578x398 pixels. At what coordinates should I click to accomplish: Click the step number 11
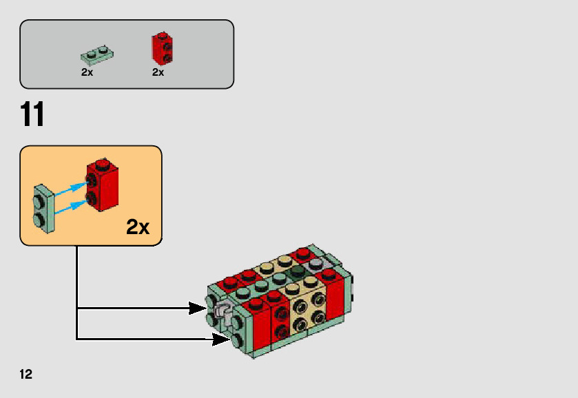(x=32, y=115)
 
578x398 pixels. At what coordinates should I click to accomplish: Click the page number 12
(x=26, y=375)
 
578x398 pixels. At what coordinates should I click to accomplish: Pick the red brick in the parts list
(x=161, y=48)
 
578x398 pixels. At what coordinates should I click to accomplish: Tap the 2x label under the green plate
(x=87, y=72)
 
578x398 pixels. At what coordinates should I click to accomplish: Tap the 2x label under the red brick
(x=158, y=72)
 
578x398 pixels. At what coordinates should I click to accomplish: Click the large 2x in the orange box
(x=138, y=227)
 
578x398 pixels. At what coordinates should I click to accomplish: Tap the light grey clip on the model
(x=223, y=313)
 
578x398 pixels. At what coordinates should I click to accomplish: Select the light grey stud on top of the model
(x=316, y=264)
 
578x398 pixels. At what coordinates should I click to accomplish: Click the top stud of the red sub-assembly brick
(x=101, y=164)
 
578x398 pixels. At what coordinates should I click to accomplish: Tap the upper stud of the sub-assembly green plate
(x=40, y=201)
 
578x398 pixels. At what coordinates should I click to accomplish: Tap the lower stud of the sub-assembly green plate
(x=40, y=219)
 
